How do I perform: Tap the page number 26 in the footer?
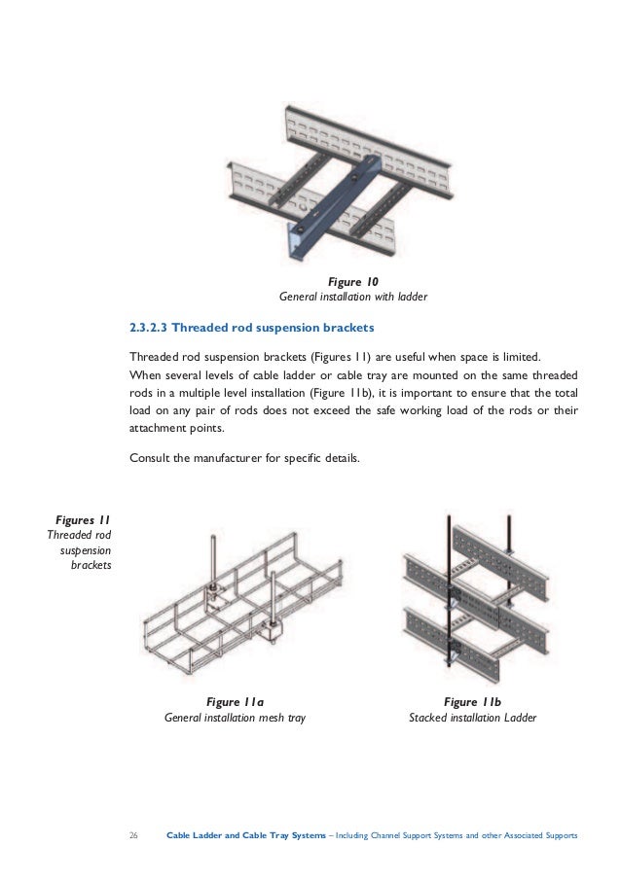(x=134, y=835)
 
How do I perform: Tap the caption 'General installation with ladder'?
(x=353, y=296)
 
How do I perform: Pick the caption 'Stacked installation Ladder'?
(x=472, y=719)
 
